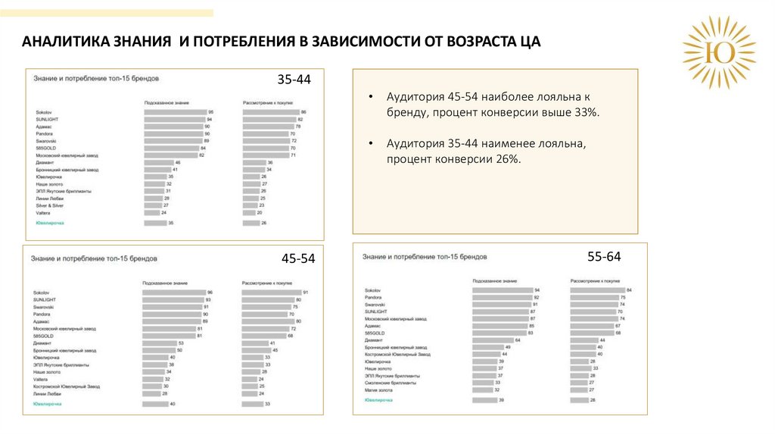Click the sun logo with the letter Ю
pos(718,52)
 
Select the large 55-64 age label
pos(604,257)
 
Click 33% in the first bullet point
pos(585,112)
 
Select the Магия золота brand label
pos(379,390)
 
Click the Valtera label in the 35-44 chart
pos(42,213)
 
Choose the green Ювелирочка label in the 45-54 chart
pos(47,404)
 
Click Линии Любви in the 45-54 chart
pos(48,394)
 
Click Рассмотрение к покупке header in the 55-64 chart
pos(596,281)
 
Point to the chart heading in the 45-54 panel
pos(94,258)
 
